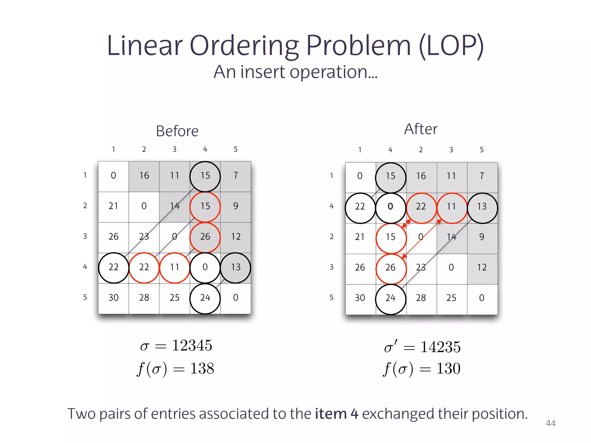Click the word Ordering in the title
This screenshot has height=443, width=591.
pyautogui.click(x=244, y=46)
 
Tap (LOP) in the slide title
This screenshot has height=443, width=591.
pyautogui.click(x=451, y=46)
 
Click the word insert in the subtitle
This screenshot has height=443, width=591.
pyautogui.click(x=263, y=72)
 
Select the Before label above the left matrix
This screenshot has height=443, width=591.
pyautogui.click(x=177, y=131)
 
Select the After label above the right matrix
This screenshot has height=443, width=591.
pyautogui.click(x=420, y=129)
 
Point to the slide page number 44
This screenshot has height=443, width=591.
pyautogui.click(x=551, y=423)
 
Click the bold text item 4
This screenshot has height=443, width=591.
pyautogui.click(x=336, y=414)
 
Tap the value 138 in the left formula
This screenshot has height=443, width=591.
pyautogui.click(x=202, y=369)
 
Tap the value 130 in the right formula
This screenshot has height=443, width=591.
pyautogui.click(x=448, y=369)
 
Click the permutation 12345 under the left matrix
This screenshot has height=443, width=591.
pyautogui.click(x=192, y=346)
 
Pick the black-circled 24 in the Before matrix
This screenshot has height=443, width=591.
pyautogui.click(x=205, y=298)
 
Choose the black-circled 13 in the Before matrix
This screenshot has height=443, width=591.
pyautogui.click(x=235, y=267)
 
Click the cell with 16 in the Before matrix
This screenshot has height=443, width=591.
pyautogui.click(x=144, y=176)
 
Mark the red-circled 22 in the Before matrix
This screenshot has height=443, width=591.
pyautogui.click(x=144, y=267)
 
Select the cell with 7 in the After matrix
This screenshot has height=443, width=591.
pyautogui.click(x=482, y=176)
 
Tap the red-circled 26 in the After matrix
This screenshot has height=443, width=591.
pyautogui.click(x=390, y=268)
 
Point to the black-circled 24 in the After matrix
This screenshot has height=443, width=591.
pyautogui.click(x=390, y=298)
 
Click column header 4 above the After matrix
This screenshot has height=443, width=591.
pyautogui.click(x=390, y=150)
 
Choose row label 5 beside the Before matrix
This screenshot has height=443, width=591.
pyautogui.click(x=85, y=297)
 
